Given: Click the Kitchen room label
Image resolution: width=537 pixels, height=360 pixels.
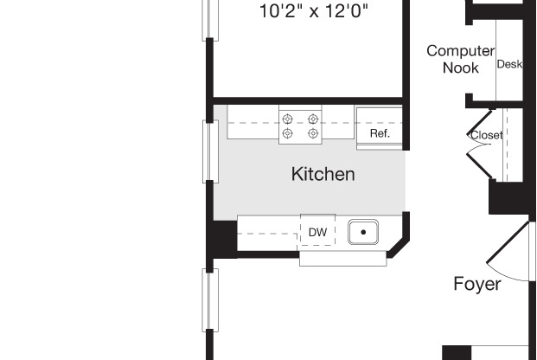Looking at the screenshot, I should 323,175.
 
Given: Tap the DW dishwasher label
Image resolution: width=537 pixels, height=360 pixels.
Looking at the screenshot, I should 317,233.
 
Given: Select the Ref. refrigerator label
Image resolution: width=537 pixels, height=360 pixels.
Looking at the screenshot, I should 380,134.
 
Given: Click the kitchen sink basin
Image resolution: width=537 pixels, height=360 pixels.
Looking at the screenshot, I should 364,232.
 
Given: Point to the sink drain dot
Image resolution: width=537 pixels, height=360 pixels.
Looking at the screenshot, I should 364,232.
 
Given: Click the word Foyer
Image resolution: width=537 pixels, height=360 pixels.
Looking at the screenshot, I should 477,284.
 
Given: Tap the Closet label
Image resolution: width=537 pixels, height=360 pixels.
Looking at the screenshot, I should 486,136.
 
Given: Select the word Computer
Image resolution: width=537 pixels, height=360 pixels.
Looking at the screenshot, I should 460,51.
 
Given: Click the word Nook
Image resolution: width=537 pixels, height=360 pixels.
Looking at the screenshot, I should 460,68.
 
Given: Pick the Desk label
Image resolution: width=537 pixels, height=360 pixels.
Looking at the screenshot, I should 509,64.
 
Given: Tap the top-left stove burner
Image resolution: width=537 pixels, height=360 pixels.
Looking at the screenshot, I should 288,119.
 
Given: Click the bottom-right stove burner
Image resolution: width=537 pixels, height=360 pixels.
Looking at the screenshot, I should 312,133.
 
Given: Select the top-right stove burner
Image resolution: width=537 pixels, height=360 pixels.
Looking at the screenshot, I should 312,119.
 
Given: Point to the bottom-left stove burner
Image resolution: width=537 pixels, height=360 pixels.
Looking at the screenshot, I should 288,133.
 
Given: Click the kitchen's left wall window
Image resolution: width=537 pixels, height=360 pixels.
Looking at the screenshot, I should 209,151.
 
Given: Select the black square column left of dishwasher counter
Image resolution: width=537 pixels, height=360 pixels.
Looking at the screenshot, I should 222,238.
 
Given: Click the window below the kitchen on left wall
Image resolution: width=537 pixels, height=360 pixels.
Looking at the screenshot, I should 209,299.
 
